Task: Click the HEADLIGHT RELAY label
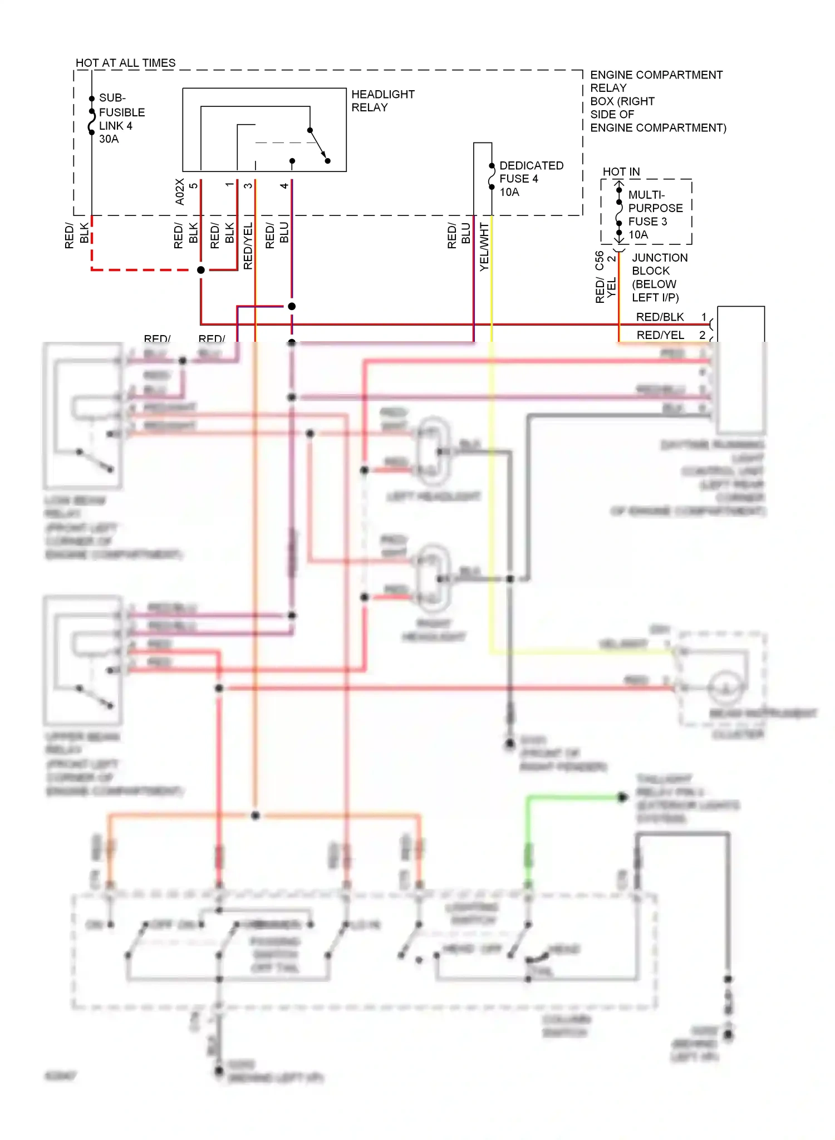(x=382, y=101)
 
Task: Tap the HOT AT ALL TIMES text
(x=125, y=63)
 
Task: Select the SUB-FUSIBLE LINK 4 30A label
(x=121, y=119)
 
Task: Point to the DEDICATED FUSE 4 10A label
(x=531, y=179)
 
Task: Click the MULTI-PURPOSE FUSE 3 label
(x=655, y=214)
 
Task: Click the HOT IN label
(x=621, y=172)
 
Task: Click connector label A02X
(x=180, y=191)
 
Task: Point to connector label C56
(x=600, y=261)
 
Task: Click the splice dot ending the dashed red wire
(x=201, y=270)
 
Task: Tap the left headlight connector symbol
(x=434, y=451)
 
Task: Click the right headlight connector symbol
(x=434, y=578)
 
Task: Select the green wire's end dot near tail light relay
(x=623, y=798)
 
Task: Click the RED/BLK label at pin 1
(x=660, y=317)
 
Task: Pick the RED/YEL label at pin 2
(x=660, y=335)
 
